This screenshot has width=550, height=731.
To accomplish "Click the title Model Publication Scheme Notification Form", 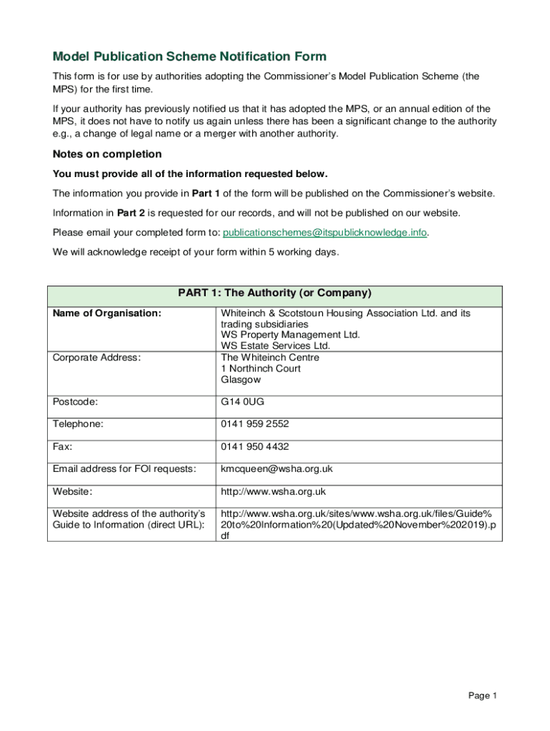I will (189, 56).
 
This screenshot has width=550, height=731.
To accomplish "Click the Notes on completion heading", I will (107, 154).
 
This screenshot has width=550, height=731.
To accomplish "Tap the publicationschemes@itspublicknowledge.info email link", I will (325, 232).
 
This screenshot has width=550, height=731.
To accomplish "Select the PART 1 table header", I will (274, 293).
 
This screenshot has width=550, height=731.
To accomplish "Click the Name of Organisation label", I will (106, 313).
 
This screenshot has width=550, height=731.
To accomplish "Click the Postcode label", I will (75, 402).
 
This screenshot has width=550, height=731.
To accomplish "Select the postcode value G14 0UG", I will (243, 402).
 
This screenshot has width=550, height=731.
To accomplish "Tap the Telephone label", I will (77, 424).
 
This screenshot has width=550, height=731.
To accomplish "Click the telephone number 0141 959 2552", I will (255, 424).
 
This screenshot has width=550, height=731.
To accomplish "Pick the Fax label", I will (63, 446).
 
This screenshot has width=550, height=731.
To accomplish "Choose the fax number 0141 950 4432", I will (255, 446).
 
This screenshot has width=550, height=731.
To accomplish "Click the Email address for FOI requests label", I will (124, 469).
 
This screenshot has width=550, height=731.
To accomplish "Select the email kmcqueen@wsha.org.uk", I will (276, 469).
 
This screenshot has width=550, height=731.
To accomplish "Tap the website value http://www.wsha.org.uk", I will (273, 491).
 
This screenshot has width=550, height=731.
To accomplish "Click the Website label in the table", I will (72, 491).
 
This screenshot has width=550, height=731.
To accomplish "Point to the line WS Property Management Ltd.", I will (290, 335).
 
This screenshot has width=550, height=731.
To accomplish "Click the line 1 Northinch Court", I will (261, 368).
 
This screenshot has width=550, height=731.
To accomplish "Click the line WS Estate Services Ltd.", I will (276, 346).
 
